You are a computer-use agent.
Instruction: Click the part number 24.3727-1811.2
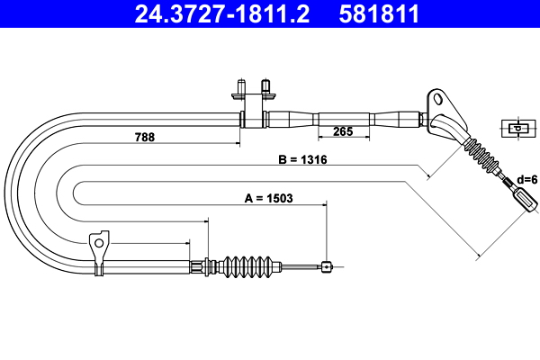click(x=222, y=14)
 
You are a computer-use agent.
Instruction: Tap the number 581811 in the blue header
click(x=379, y=14)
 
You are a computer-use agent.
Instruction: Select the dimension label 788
click(x=145, y=137)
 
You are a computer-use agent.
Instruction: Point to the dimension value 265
click(x=343, y=131)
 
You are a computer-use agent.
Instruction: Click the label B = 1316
click(x=302, y=159)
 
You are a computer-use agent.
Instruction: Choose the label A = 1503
click(x=268, y=198)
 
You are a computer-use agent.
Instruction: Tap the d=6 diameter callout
click(x=527, y=179)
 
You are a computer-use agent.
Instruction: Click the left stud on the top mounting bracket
click(x=241, y=86)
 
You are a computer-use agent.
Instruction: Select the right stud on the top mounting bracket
click(x=265, y=86)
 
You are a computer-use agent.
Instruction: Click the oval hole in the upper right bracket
click(x=438, y=99)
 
